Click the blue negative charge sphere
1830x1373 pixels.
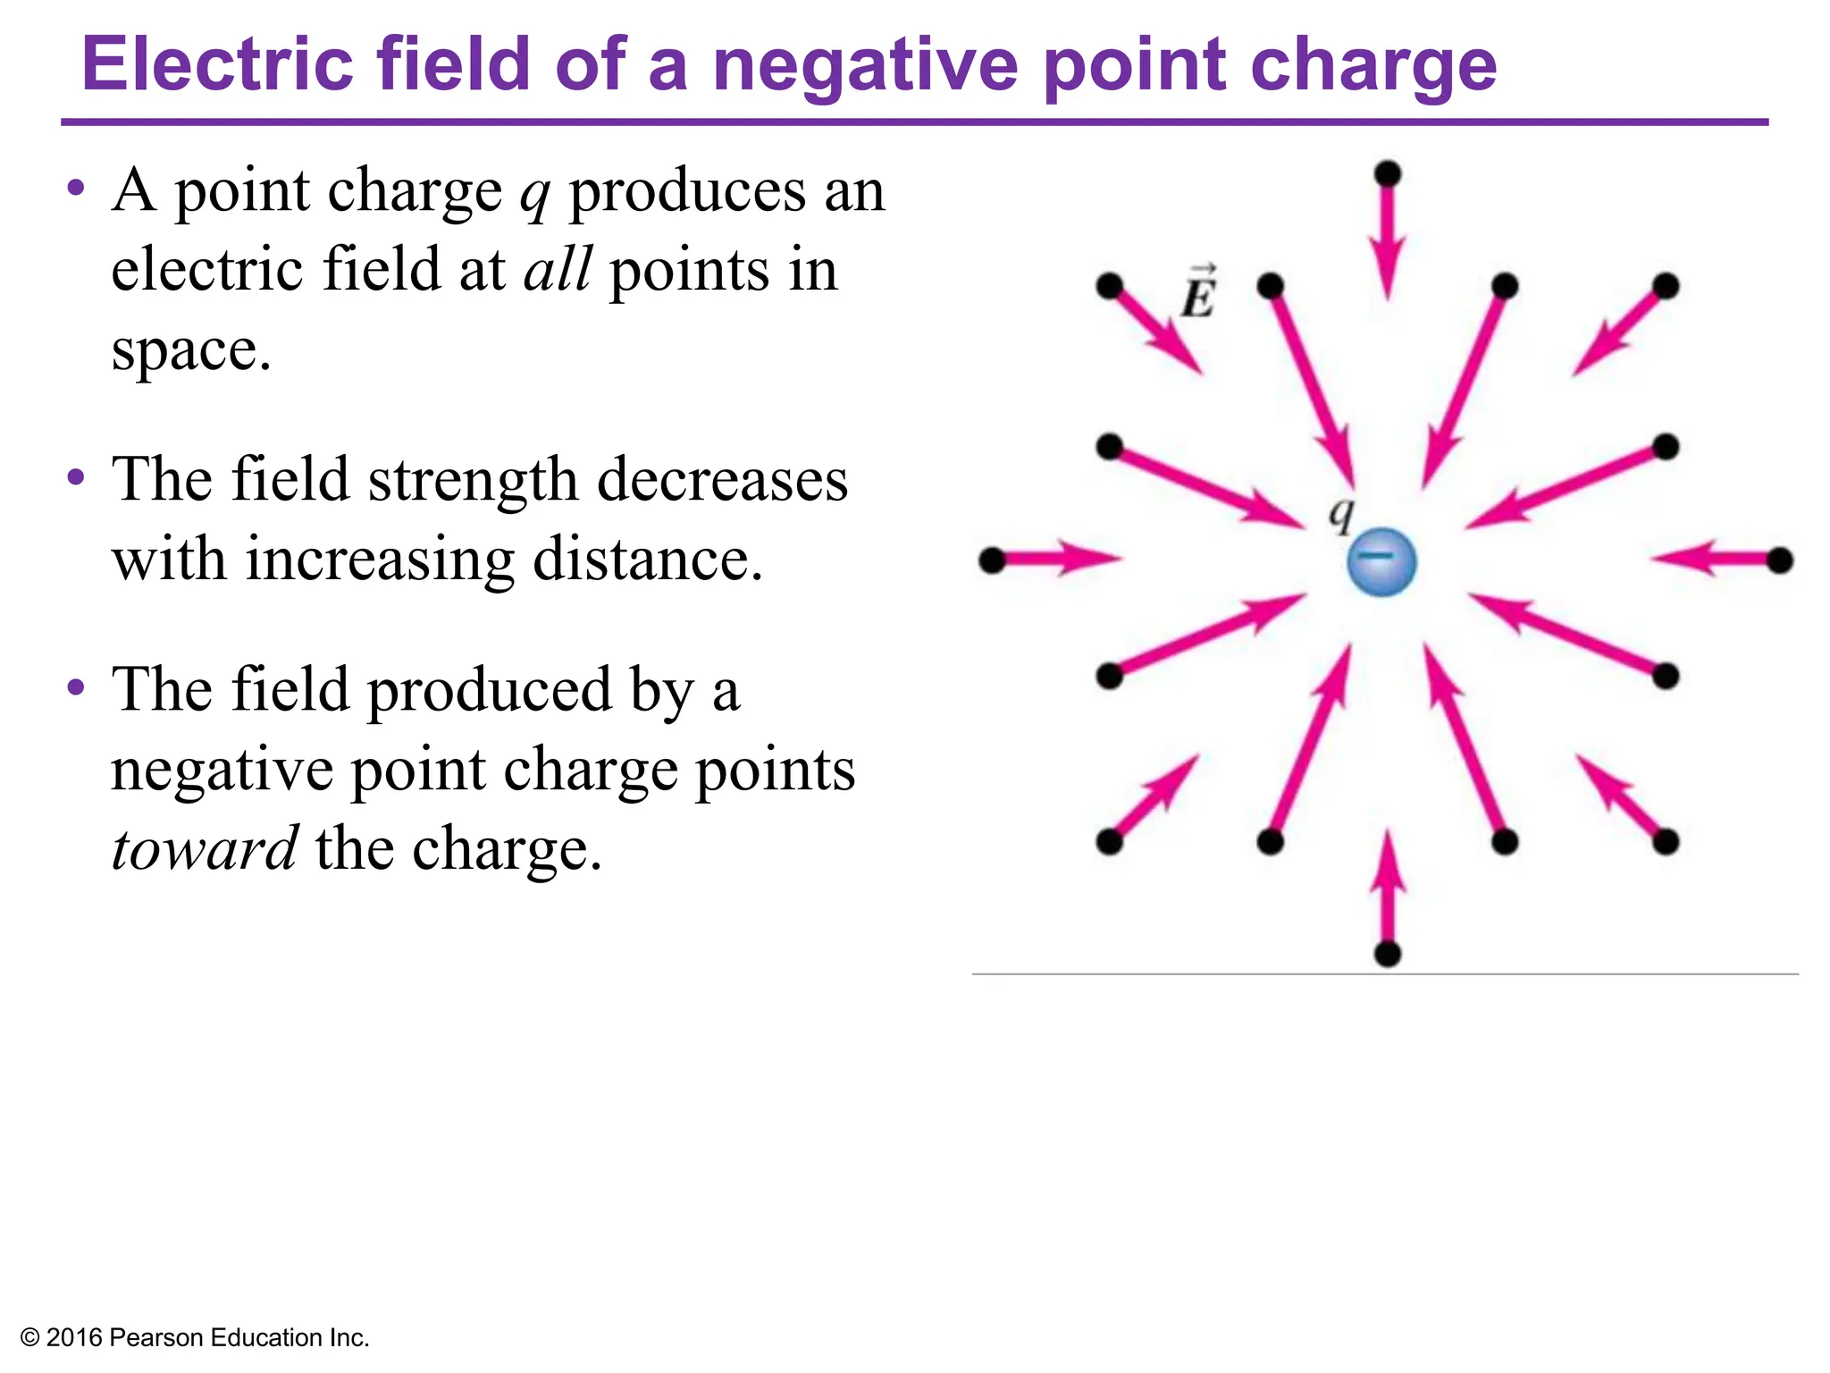pos(1381,561)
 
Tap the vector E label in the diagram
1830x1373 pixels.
pos(1198,293)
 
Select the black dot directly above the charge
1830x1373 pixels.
pos(1387,173)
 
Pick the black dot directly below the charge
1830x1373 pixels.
pos(1387,954)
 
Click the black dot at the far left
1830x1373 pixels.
pos(992,560)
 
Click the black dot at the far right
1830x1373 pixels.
pos(1780,560)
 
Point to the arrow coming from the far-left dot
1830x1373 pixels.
pos(1063,560)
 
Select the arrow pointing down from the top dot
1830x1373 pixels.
pos(1387,241)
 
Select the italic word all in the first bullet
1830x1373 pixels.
pos(557,269)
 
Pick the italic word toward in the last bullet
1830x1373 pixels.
pos(205,848)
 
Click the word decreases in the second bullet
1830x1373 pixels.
pos(722,480)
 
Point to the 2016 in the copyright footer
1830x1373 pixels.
pos(73,1338)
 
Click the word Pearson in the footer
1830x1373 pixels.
pos(156,1338)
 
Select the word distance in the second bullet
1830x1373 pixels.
pos(647,560)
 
